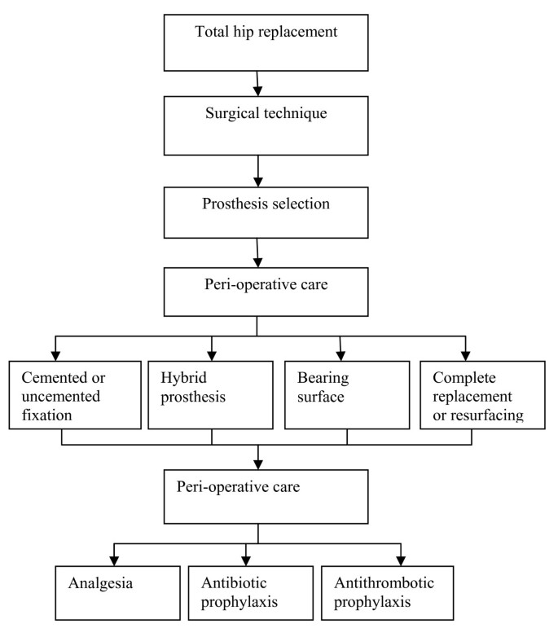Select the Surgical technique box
[x=257, y=124]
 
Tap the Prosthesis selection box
[x=257, y=213]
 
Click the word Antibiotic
[x=229, y=583]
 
